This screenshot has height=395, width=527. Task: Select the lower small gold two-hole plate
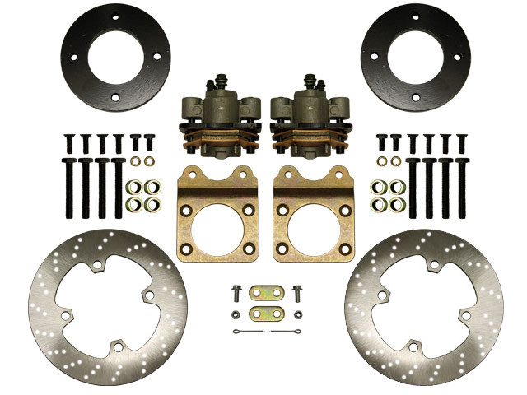pos(264,313)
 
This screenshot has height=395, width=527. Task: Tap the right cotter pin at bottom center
pos(285,332)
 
